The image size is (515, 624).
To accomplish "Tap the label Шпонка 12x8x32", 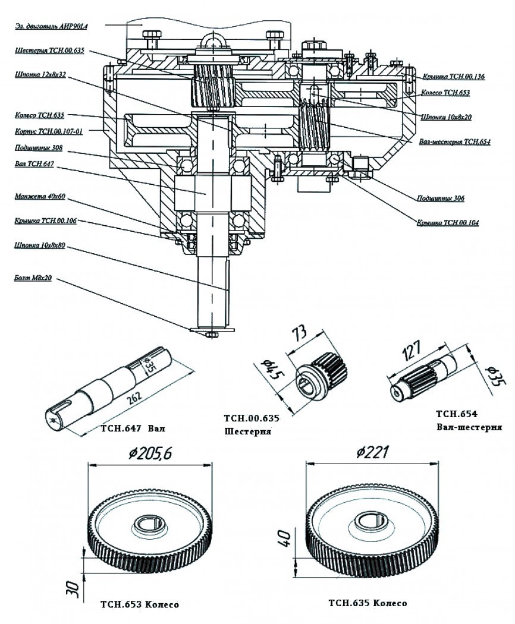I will point(40,75).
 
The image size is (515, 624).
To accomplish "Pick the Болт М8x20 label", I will point(33,277).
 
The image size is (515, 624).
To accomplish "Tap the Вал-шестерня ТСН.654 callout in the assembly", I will point(454,142).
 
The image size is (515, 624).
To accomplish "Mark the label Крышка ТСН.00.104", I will point(448,223).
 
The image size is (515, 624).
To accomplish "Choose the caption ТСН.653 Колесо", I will point(140,605).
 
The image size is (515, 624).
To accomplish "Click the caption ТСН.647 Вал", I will point(132,427).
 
